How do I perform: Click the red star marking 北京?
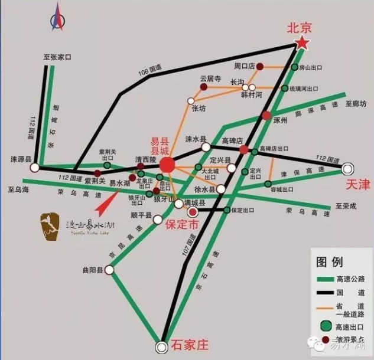tap(302, 42)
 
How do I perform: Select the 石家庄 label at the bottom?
tap(190, 344)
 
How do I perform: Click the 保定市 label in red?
tap(183, 225)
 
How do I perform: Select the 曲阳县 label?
tap(93, 270)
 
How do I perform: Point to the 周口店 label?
tap(243, 66)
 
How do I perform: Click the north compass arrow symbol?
tap(57, 17)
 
